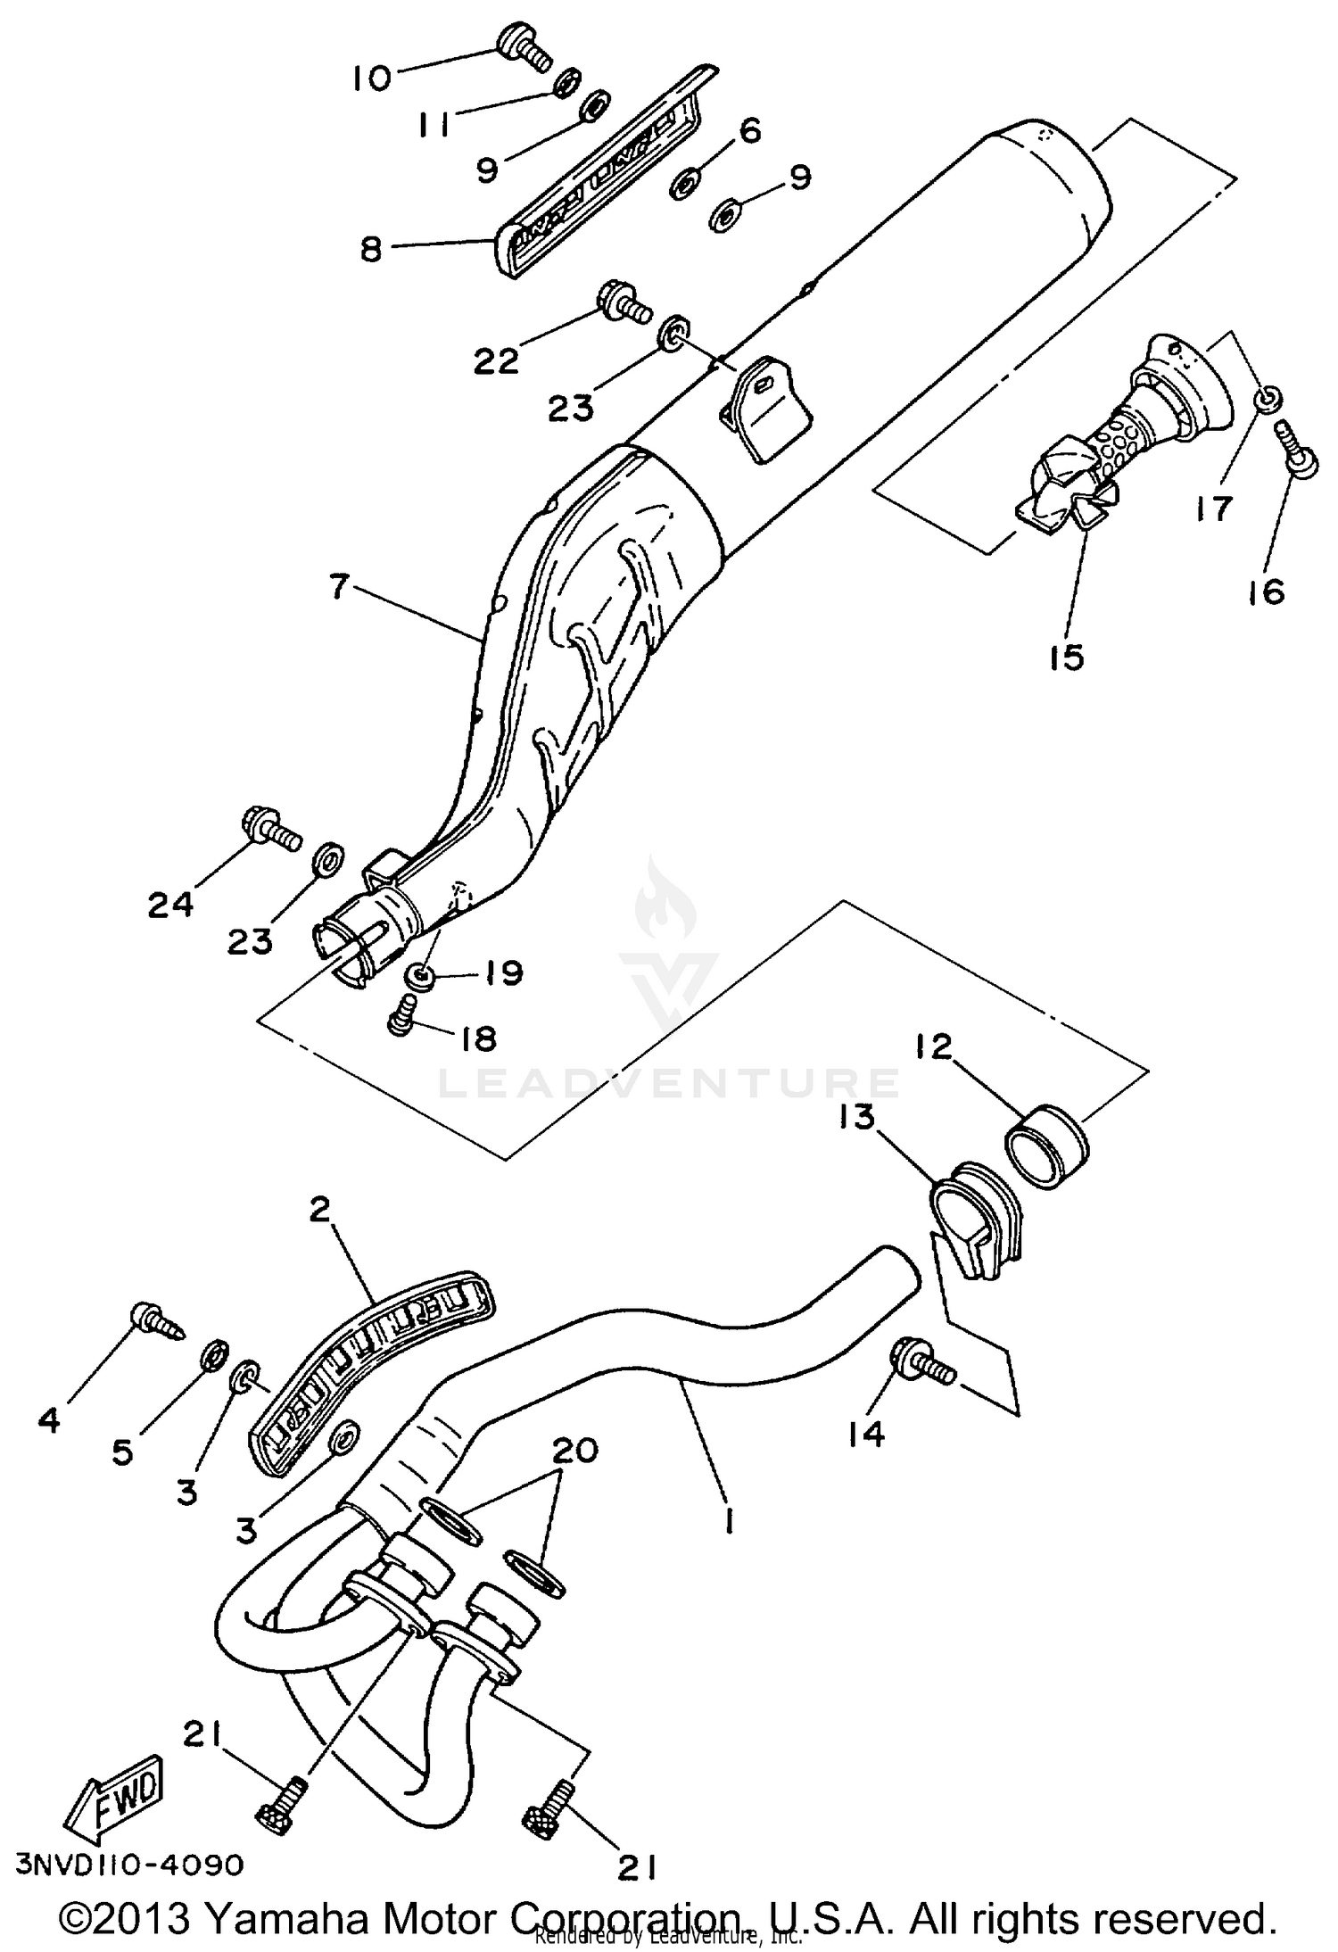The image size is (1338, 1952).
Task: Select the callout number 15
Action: (1066, 657)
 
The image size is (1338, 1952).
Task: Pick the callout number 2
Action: (319, 1210)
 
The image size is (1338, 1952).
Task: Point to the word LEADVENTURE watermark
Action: (669, 1081)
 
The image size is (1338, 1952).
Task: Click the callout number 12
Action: (933, 1046)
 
